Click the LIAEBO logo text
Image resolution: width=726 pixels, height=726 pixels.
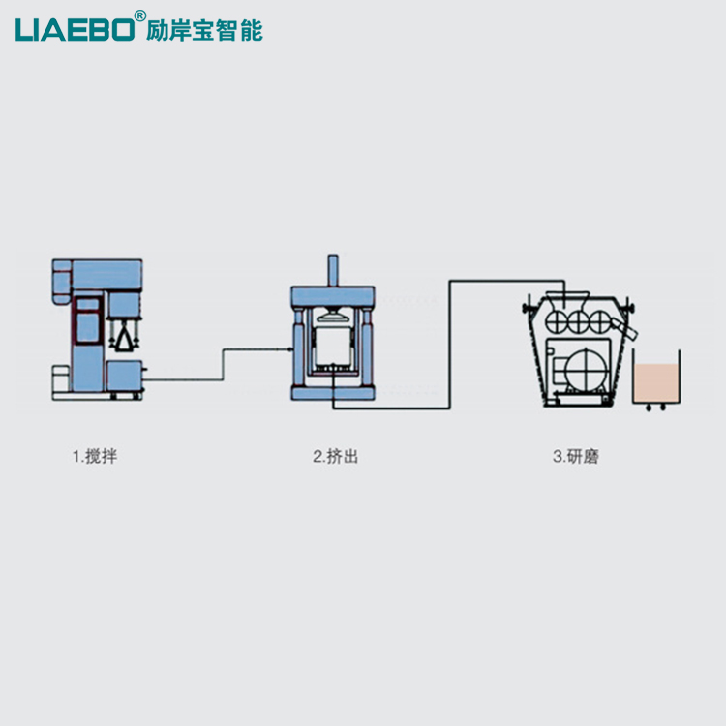point(76,28)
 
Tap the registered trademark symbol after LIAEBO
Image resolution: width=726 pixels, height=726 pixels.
point(140,15)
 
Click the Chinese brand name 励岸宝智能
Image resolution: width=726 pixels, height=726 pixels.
point(204,29)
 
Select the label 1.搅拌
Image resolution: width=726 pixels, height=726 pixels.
point(94,456)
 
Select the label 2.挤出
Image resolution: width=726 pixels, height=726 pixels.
point(335,456)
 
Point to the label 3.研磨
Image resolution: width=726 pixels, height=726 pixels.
point(576,456)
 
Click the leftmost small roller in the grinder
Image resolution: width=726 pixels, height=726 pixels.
point(558,318)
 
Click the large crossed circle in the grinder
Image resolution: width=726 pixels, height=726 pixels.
point(587,367)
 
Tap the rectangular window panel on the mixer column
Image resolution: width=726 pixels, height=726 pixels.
point(88,320)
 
